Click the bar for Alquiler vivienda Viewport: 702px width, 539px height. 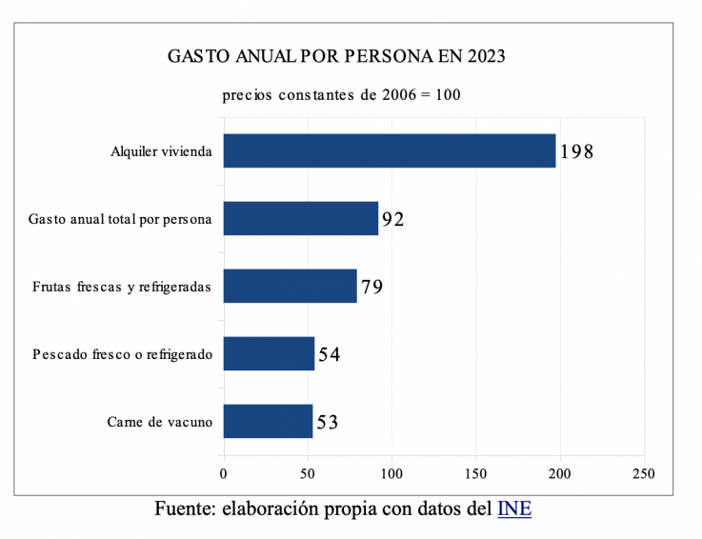tap(389, 150)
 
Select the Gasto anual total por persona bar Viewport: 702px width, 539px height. tap(300, 219)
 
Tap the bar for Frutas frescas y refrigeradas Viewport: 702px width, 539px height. tap(290, 286)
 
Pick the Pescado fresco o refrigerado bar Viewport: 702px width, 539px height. tap(269, 353)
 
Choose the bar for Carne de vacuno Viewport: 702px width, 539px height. tap(268, 421)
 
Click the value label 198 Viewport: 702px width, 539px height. tap(576, 151)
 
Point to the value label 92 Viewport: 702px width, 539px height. tap(392, 220)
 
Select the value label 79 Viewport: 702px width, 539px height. tap(371, 287)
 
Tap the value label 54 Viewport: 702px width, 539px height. tap(329, 355)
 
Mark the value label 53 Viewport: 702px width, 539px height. tap(327, 422)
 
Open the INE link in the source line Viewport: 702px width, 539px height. tap(514, 509)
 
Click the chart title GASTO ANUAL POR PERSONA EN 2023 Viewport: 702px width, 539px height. tap(336, 56)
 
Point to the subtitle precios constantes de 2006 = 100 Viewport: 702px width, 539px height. tap(342, 96)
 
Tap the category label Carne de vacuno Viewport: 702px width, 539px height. tap(160, 421)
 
